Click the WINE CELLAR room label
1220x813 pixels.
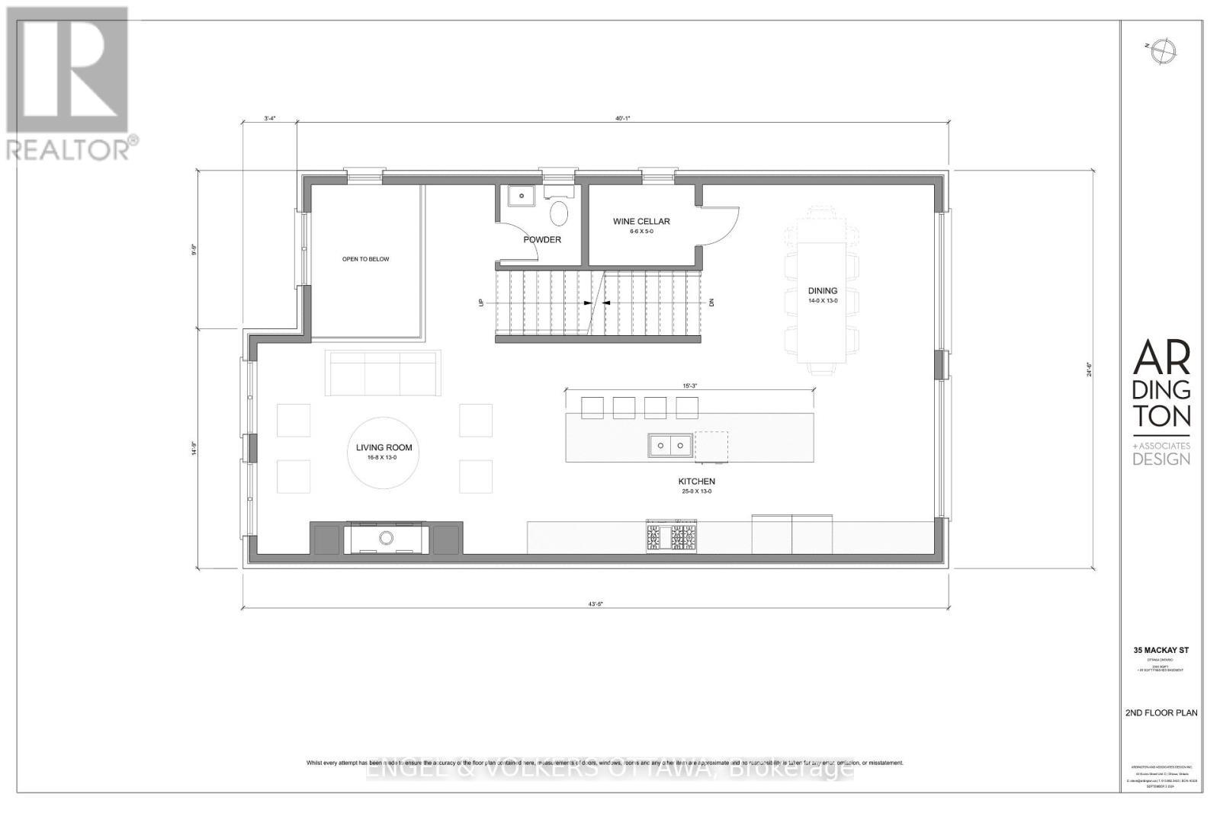pyautogui.click(x=641, y=222)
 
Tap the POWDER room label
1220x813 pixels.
pyautogui.click(x=542, y=240)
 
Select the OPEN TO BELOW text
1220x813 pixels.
pyautogui.click(x=365, y=259)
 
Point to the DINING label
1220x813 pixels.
pyautogui.click(x=823, y=290)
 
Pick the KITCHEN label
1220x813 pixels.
pyautogui.click(x=697, y=482)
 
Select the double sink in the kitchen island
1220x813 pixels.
pyautogui.click(x=670, y=445)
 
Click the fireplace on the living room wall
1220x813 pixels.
pyautogui.click(x=387, y=538)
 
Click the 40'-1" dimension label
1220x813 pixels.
pyautogui.click(x=623, y=118)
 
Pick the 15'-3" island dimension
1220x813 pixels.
pyautogui.click(x=689, y=386)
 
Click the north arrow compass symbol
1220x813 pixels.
pyautogui.click(x=1164, y=51)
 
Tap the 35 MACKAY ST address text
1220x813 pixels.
pyautogui.click(x=1161, y=651)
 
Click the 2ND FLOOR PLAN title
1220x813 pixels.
pyautogui.click(x=1161, y=713)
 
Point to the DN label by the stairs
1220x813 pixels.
pyautogui.click(x=711, y=302)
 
